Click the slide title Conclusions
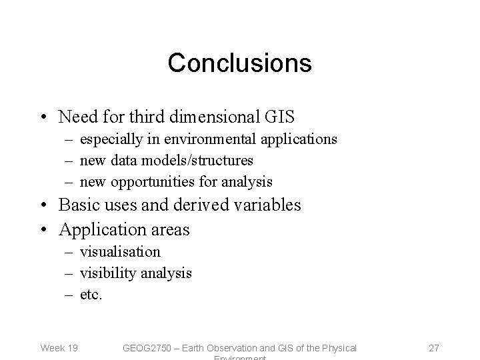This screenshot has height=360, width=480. (239, 63)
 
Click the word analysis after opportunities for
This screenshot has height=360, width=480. (247, 181)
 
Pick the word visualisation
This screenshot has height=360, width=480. (120, 252)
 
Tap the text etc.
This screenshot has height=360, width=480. (91, 293)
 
